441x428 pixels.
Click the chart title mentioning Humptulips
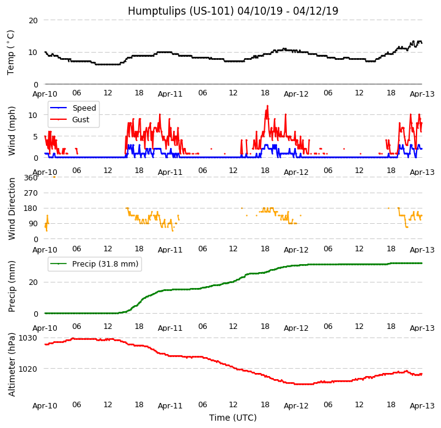click(232, 11)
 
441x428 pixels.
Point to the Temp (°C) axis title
click(11, 52)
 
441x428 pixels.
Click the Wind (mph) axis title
click(12, 130)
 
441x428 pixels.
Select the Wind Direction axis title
click(12, 208)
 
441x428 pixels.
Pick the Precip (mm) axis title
click(12, 286)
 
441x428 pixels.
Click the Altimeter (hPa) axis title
click(12, 365)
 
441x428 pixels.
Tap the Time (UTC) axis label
click(232, 418)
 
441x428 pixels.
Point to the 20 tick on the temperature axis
click(33, 20)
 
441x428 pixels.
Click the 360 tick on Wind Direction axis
click(31, 177)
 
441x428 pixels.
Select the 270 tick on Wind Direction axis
click(31, 193)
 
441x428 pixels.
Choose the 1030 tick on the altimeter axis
click(28, 338)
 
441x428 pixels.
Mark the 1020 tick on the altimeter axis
click(28, 369)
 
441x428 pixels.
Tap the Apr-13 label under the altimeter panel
click(422, 406)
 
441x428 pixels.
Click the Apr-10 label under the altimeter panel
click(45, 406)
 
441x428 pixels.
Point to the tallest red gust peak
click(267, 106)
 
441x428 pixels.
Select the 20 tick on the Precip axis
click(33, 282)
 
